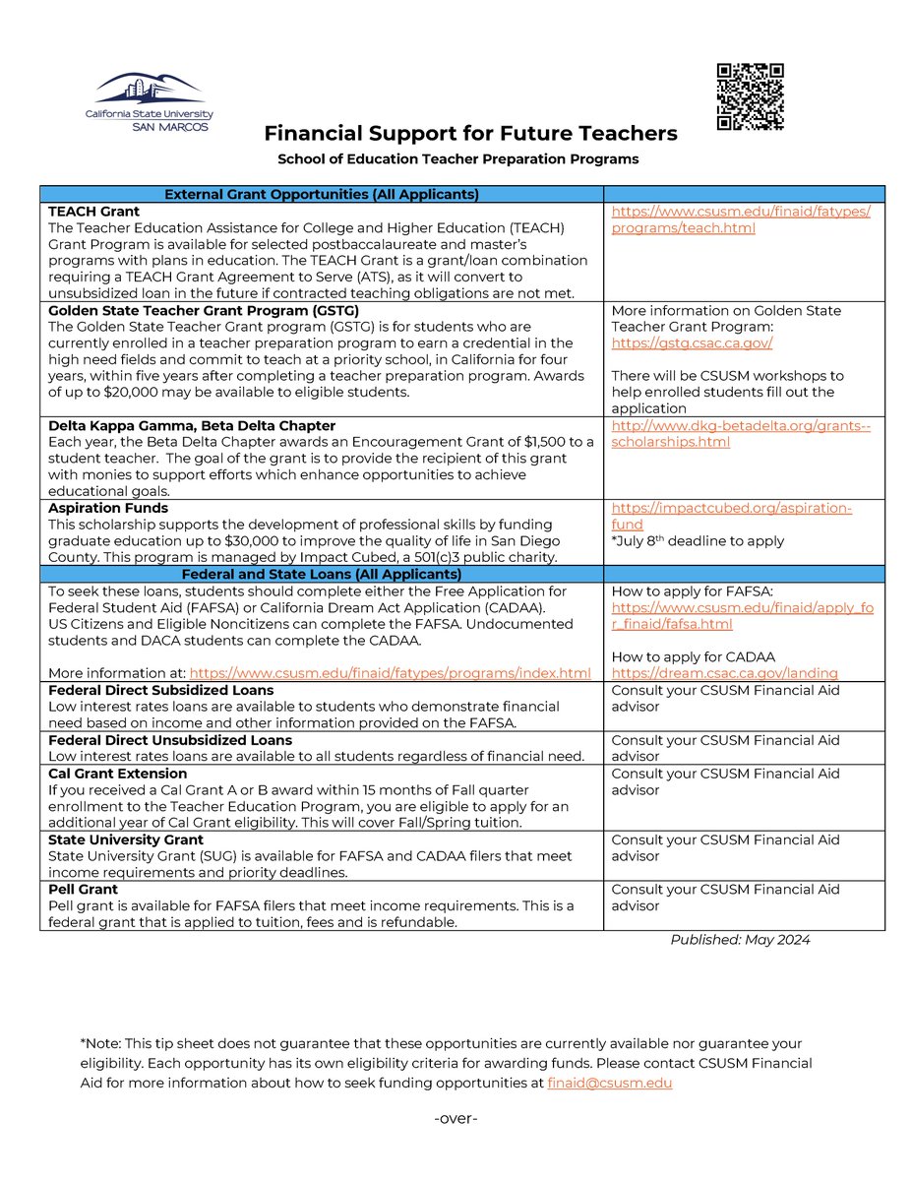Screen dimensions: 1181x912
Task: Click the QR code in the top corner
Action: (x=750, y=96)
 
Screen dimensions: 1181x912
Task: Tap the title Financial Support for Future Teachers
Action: (x=470, y=133)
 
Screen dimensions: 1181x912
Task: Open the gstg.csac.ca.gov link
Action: (x=692, y=343)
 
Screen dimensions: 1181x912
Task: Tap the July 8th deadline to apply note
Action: (x=698, y=541)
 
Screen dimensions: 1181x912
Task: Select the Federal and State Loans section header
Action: (x=322, y=574)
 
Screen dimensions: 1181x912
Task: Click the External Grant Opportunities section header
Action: (x=322, y=194)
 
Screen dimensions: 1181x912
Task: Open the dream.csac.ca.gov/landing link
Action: (x=724, y=673)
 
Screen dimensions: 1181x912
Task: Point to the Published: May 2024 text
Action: (x=740, y=940)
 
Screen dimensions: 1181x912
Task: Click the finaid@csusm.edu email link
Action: (x=609, y=1083)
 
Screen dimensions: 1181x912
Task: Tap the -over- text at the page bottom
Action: (x=456, y=1119)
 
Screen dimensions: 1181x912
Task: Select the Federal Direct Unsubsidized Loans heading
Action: (x=170, y=740)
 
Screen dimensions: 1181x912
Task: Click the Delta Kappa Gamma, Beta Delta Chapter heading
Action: (x=192, y=425)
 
